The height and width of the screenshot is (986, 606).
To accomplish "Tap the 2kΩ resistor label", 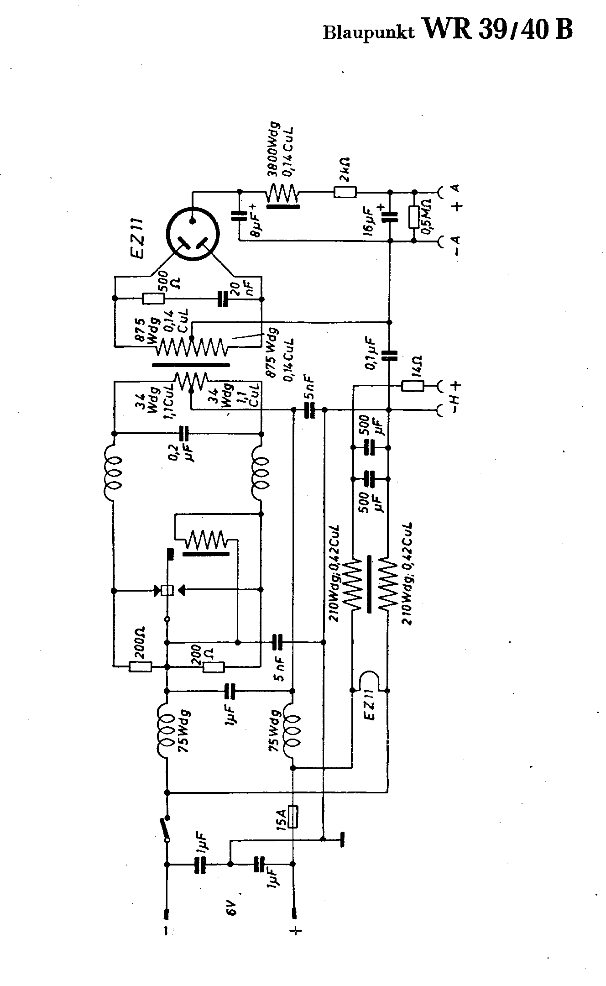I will click(x=345, y=168).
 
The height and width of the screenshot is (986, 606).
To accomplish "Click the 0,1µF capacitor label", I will click(x=371, y=353).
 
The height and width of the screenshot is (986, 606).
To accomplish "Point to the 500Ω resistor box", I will click(x=153, y=299).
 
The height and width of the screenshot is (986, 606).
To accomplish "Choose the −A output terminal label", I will click(x=456, y=246).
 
